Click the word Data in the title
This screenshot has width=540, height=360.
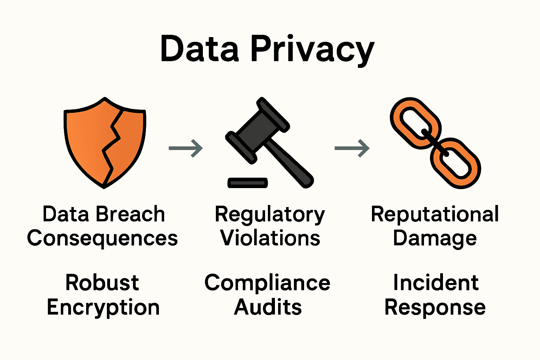coord(199,49)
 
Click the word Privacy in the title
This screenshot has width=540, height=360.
coord(313,50)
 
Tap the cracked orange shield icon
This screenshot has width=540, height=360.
coord(104,142)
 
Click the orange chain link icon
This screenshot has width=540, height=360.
coord(435,142)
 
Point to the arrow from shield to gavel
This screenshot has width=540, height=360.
coord(186,148)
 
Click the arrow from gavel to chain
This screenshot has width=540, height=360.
coord(352,148)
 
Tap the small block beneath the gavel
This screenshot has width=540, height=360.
coord(247,182)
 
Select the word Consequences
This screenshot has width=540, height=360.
coord(102,238)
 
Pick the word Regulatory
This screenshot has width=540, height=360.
coord(270,215)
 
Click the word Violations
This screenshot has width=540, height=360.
coord(270,238)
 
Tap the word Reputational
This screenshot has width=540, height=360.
coord(435,215)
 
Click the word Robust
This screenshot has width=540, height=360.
coord(102,283)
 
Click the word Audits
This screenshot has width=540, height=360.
coord(268,307)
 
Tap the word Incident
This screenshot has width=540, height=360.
coord(436,283)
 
